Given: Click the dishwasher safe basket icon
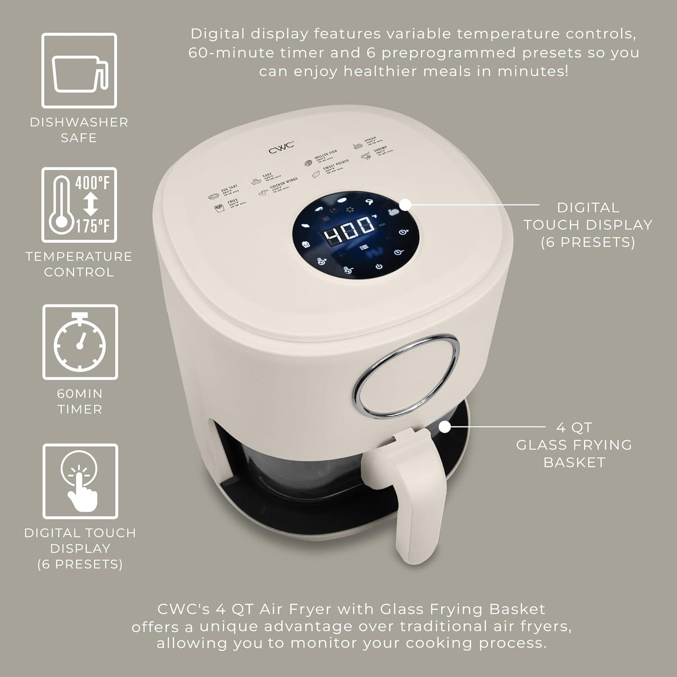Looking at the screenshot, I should [79, 71].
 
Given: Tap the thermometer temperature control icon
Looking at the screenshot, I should [79, 205].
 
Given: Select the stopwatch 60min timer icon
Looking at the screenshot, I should [80, 342].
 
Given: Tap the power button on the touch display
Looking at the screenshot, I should [379, 266].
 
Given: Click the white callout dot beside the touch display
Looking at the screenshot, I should [405, 204].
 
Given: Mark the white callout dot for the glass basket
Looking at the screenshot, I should [445, 426].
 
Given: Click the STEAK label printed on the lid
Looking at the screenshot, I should [370, 139].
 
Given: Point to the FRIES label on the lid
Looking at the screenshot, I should [233, 201].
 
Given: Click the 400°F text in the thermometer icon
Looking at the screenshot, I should [93, 183].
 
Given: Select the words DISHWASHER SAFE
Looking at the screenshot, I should [79, 130].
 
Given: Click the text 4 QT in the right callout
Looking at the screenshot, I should [574, 427].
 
